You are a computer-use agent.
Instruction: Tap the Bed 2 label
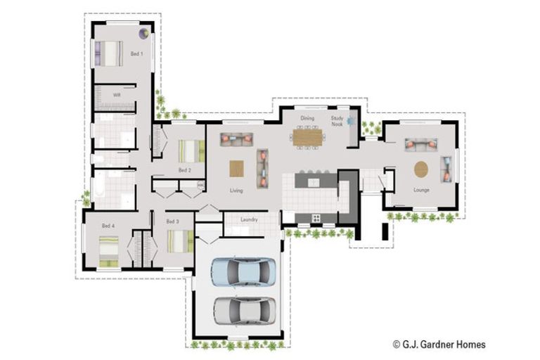(184, 170)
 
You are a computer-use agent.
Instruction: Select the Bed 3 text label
(172, 221)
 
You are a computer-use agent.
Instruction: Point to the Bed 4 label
(108, 226)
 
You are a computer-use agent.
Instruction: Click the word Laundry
(249, 219)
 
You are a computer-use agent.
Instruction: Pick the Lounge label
(421, 190)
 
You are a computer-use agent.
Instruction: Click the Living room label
(236, 191)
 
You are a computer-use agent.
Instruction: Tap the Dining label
(307, 119)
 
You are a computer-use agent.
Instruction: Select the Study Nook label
(337, 122)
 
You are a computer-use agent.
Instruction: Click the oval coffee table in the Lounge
(421, 169)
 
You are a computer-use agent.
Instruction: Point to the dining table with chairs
(307, 136)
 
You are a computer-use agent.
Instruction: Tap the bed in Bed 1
(109, 53)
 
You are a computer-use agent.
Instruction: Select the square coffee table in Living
(237, 169)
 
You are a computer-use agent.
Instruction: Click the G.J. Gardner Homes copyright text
(439, 345)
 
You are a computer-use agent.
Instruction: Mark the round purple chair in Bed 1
(143, 32)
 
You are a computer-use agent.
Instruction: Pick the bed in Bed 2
(191, 151)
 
